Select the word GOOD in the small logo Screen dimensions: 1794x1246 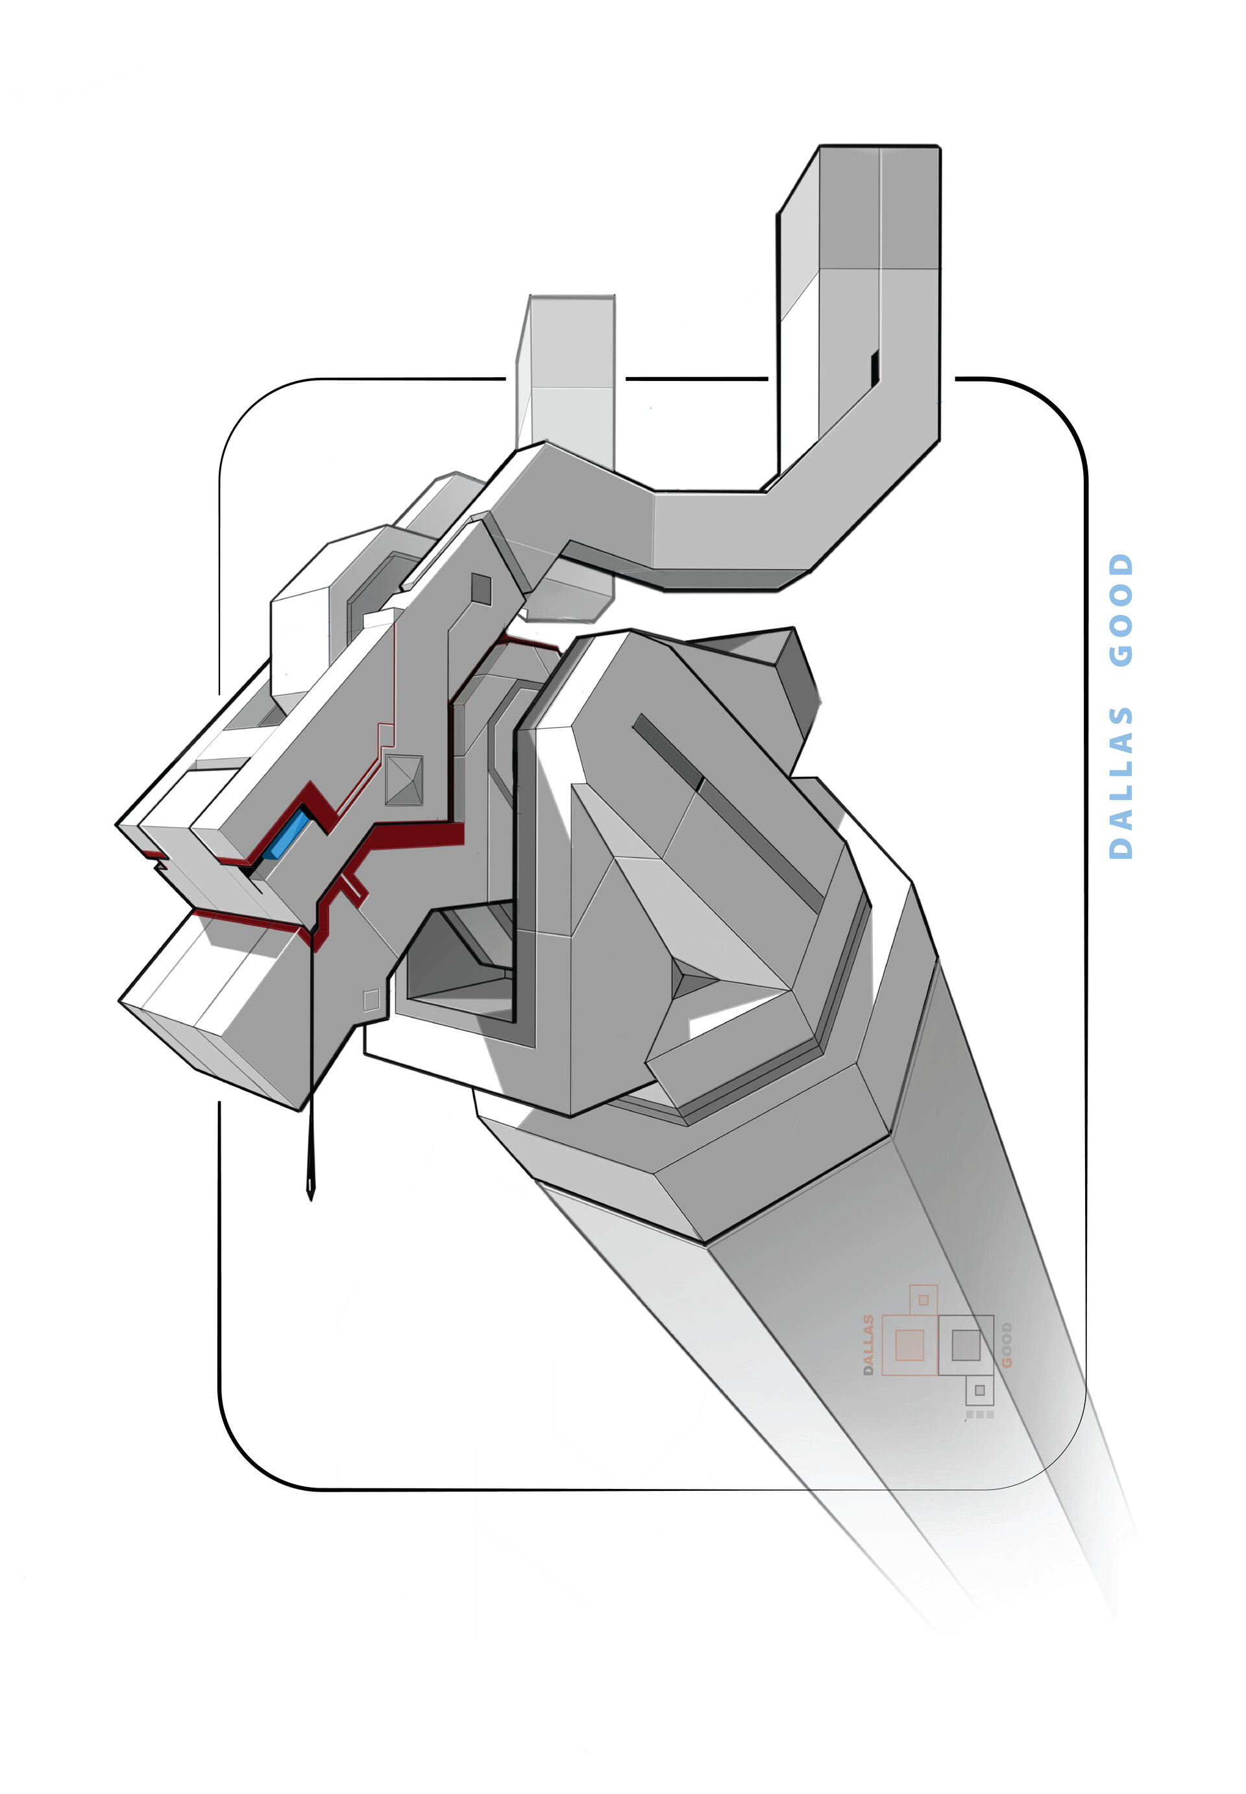click(x=1007, y=1345)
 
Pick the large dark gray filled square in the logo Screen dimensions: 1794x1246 click(x=966, y=1344)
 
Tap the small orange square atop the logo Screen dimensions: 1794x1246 click(x=923, y=1300)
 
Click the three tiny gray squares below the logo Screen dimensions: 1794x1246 click(x=980, y=1414)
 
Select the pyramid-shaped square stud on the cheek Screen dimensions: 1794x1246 click(x=404, y=780)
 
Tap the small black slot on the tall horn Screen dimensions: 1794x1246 click(x=875, y=367)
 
